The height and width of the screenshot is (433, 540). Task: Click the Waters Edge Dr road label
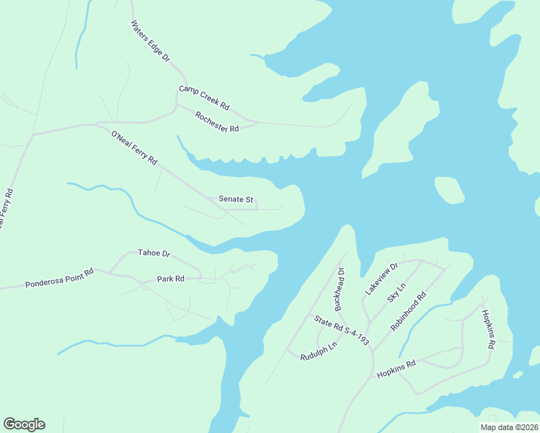(x=149, y=40)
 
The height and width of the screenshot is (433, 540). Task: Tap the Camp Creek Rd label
(x=204, y=98)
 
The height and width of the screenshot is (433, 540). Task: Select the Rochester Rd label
(x=217, y=123)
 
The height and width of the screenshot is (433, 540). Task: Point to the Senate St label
(x=235, y=199)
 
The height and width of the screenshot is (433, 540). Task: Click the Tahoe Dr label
(x=154, y=253)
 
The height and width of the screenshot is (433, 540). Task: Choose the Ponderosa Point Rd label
(x=59, y=278)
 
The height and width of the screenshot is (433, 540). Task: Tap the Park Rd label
(x=170, y=279)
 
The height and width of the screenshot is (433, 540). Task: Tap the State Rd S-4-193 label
(x=341, y=331)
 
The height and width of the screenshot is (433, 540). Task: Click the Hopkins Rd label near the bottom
(x=396, y=369)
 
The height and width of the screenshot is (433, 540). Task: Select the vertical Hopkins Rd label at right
(x=488, y=331)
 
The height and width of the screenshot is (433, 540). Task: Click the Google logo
(x=24, y=424)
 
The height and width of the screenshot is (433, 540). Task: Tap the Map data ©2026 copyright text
(x=508, y=427)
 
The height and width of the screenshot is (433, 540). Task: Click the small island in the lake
(x=449, y=191)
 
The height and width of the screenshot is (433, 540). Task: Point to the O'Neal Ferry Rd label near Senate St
(x=134, y=148)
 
